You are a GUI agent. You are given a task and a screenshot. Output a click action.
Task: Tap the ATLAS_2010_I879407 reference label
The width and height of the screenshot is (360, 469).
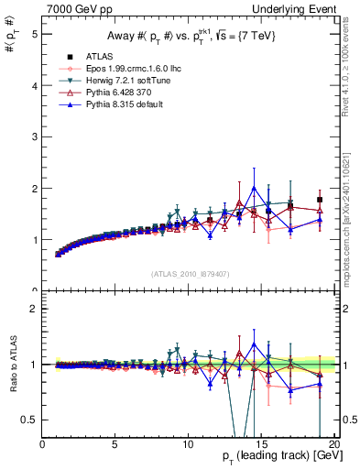tap(190, 272)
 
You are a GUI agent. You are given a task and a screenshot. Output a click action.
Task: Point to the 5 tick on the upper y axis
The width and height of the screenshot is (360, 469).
tap(33, 34)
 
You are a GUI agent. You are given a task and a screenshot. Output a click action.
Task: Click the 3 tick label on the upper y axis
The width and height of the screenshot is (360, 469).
tap(33, 136)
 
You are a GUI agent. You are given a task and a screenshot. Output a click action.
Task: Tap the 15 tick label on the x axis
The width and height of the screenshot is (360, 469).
tap(261, 442)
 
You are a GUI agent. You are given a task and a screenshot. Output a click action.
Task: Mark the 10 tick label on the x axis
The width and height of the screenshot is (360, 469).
tap(189, 442)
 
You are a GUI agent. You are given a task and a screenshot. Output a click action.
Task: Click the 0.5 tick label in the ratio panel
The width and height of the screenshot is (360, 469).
tap(28, 420)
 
